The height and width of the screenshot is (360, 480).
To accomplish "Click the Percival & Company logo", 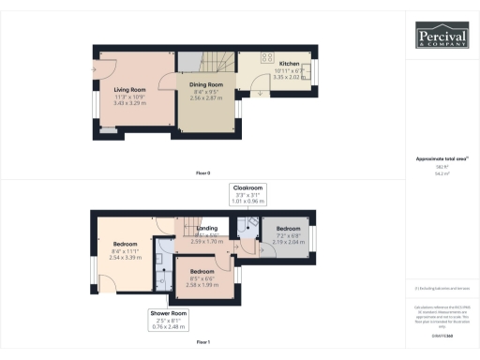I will pyautogui.click(x=442, y=37).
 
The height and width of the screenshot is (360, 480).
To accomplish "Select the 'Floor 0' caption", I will pyautogui.click(x=202, y=173).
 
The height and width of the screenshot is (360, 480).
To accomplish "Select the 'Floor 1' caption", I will pyautogui.click(x=202, y=343).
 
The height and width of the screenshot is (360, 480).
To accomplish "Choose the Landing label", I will pyautogui.click(x=206, y=228).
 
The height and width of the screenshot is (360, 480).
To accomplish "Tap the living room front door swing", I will pyautogui.click(x=98, y=71).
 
